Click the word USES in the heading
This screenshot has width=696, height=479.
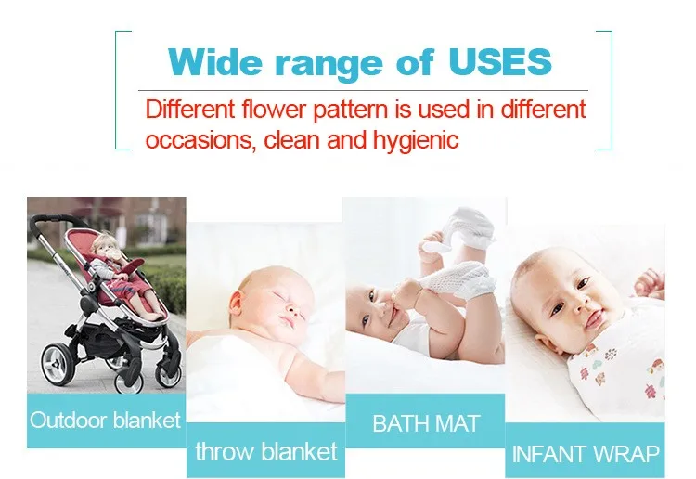[x=500, y=61]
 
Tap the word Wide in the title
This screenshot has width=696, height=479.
[x=215, y=61]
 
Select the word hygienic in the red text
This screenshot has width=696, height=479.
[x=416, y=140]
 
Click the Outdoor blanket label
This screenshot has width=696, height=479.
[x=106, y=420]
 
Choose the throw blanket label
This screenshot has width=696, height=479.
[x=266, y=451]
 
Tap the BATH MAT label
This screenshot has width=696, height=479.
[x=426, y=423]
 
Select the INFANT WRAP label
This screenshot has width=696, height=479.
[x=585, y=454]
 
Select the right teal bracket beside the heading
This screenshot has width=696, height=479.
[x=611, y=90]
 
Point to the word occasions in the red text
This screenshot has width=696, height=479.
[x=200, y=140]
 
